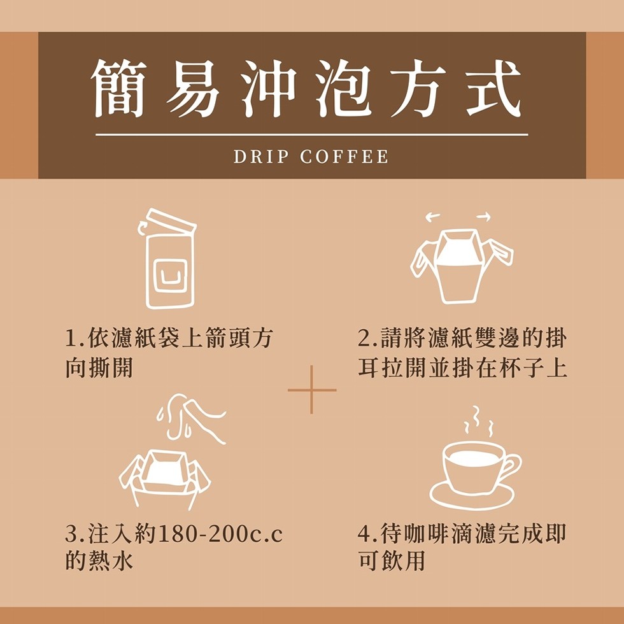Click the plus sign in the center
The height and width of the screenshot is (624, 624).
312,390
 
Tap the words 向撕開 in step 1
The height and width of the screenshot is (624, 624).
99,369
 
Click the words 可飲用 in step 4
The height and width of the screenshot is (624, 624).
391,562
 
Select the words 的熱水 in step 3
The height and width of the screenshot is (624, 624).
99,562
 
